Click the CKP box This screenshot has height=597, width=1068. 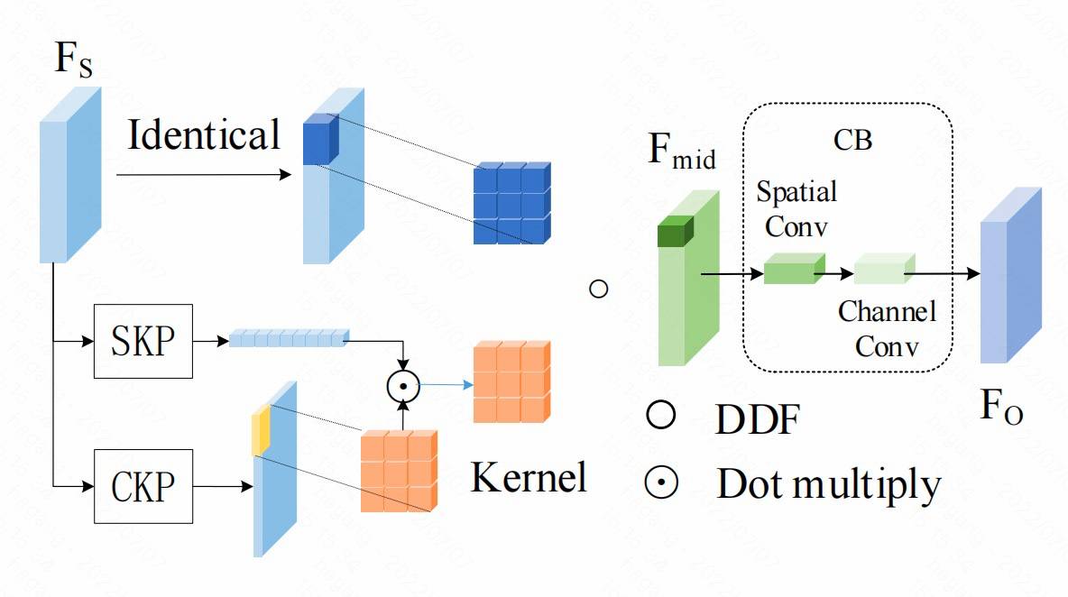tap(143, 488)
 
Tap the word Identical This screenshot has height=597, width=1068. tap(204, 136)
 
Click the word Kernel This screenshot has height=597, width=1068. tap(529, 477)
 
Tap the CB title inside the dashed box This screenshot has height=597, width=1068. tap(852, 142)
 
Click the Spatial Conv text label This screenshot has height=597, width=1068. tap(796, 208)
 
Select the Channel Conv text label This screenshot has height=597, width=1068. tap(887, 328)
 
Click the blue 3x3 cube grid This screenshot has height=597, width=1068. tap(511, 204)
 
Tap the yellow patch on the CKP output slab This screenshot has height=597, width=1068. tap(261, 431)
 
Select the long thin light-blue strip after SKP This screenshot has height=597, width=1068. tap(288, 338)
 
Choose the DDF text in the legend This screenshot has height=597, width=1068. tap(758, 420)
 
